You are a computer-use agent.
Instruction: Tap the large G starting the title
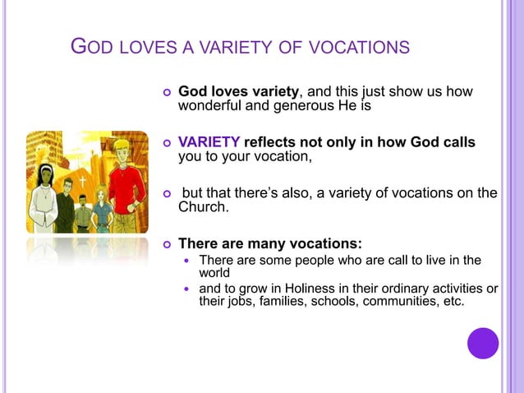pos(79,46)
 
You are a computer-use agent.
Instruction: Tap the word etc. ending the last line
pos(449,302)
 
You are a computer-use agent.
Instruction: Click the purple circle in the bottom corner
pos(483,343)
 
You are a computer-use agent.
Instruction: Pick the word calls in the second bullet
pos(458,142)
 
